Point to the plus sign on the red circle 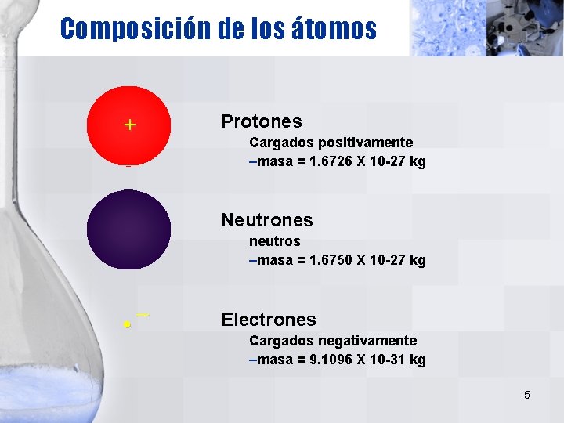click(129, 125)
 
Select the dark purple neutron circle click(128, 230)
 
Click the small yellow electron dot click(125, 324)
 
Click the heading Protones click(261, 121)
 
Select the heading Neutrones click(266, 220)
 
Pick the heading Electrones click(269, 320)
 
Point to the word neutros click(274, 241)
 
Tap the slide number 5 click(526, 395)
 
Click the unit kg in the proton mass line click(417, 162)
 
